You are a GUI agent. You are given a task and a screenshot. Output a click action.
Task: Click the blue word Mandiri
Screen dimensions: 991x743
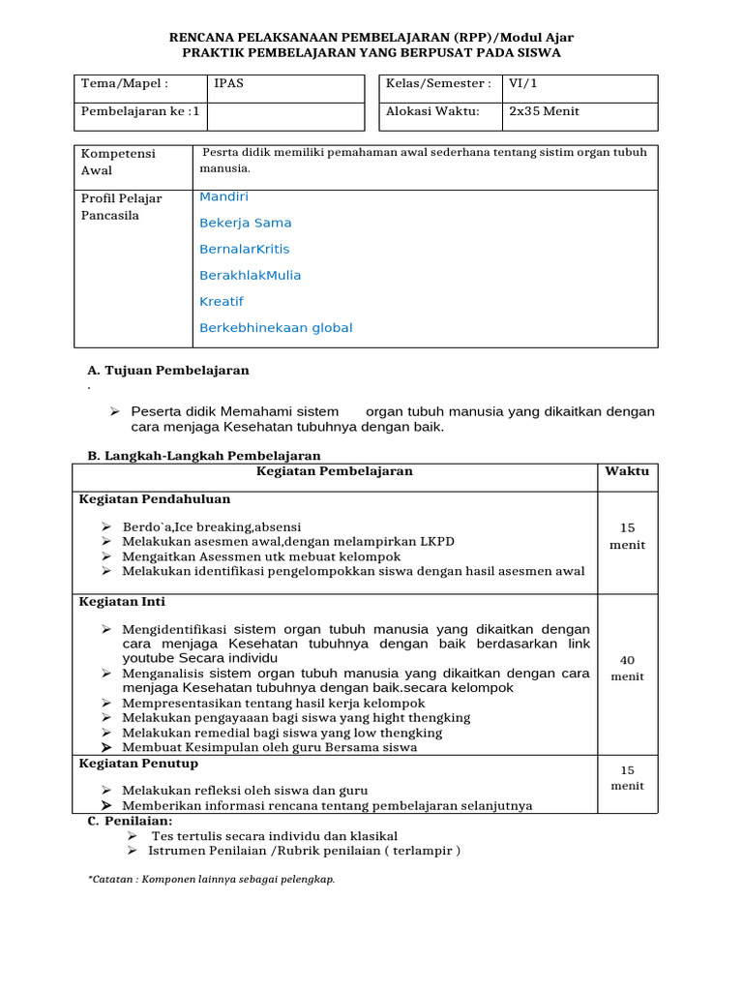(223, 196)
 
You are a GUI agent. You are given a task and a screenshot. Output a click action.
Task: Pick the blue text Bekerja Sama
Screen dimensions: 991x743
(245, 223)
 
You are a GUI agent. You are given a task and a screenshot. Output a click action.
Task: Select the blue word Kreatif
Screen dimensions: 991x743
(222, 302)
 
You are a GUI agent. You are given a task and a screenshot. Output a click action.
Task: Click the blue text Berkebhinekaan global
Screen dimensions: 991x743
(276, 328)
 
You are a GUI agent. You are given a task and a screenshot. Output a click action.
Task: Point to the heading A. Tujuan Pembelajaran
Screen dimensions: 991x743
(168, 371)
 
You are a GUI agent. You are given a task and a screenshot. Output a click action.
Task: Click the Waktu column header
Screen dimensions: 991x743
(627, 471)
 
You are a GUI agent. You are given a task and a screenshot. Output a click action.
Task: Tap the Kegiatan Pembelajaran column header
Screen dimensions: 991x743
(334, 471)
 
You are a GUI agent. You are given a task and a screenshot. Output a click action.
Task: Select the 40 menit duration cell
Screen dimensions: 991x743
(627, 668)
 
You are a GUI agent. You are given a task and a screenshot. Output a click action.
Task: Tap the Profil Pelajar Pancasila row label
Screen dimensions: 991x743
(121, 207)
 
